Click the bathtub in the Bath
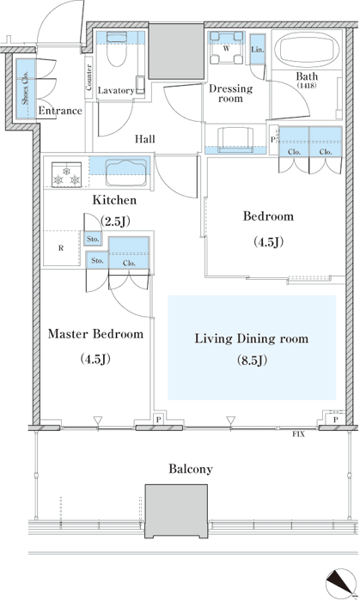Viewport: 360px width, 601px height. point(308,50)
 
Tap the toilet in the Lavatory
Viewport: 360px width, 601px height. point(116,49)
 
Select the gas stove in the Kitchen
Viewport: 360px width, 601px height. point(67,174)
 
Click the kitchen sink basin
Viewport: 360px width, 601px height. point(126,173)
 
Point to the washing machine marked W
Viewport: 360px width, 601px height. point(227,48)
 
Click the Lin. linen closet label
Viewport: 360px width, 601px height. point(257,50)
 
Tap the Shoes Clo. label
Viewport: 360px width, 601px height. point(25,88)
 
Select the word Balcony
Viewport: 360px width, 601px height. point(191,469)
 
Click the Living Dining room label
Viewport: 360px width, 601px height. point(252,338)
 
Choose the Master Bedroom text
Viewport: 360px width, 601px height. point(95,334)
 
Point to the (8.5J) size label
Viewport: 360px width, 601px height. point(252,361)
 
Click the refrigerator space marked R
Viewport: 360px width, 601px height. point(61,248)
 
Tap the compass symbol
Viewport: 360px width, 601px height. point(340,582)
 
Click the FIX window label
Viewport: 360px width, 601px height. point(299,434)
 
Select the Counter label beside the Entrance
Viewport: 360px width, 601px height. point(89,77)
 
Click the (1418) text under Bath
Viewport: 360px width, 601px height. point(307,86)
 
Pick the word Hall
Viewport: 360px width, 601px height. point(145,139)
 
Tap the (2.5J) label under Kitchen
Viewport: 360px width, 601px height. point(115,222)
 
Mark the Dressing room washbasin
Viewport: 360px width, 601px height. point(235,139)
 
